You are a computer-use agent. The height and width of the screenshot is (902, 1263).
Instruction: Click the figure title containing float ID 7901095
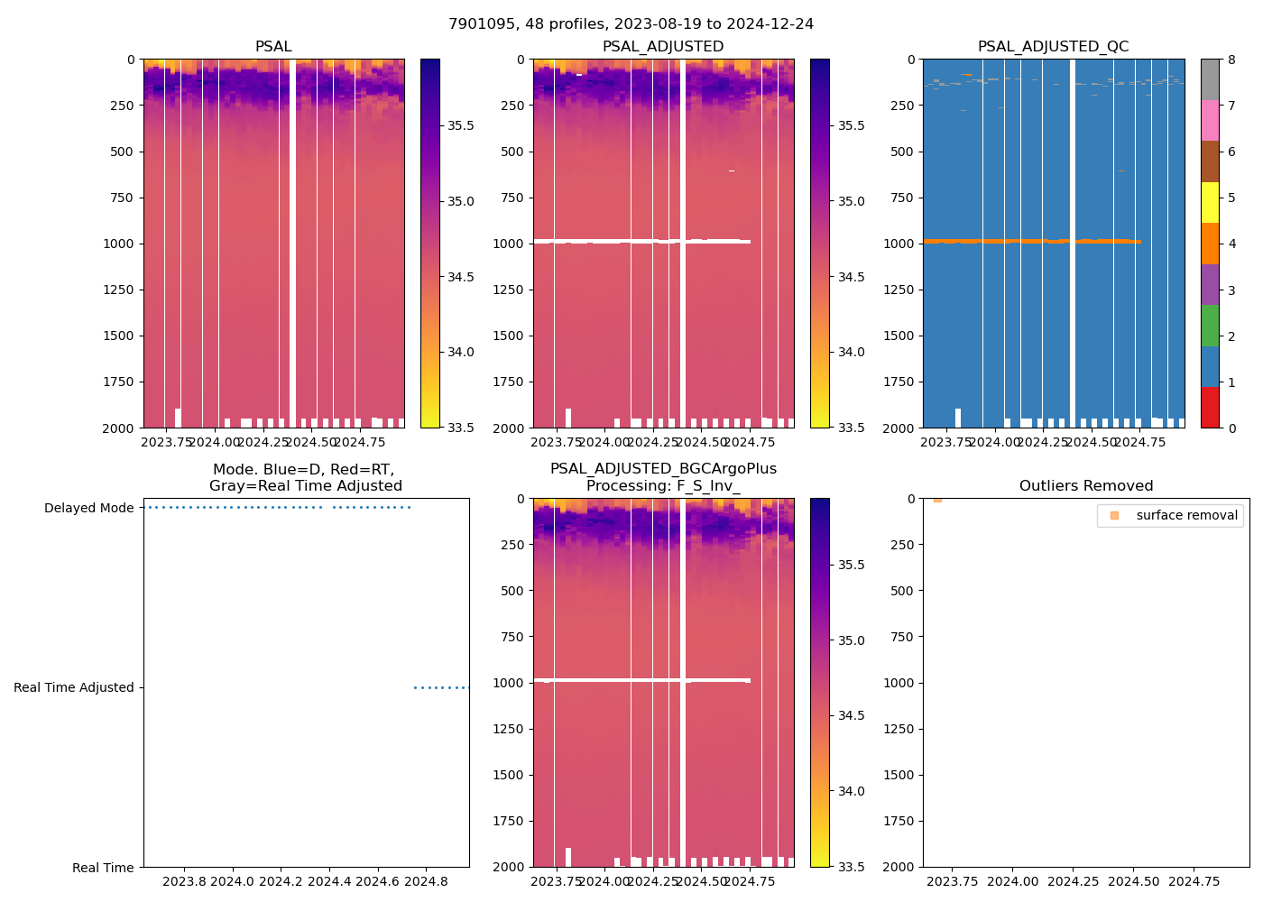click(631, 24)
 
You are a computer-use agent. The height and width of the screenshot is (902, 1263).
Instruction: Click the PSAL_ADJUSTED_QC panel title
click(1053, 47)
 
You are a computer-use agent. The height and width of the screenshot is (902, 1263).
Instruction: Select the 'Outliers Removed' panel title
click(1085, 486)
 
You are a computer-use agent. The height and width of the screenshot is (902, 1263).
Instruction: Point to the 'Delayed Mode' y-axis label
click(88, 509)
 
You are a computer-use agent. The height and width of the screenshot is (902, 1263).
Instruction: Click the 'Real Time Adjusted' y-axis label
click(73, 688)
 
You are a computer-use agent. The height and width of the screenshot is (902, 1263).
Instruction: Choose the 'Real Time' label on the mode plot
click(103, 868)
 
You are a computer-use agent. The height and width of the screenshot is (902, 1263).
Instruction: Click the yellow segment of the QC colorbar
click(1210, 202)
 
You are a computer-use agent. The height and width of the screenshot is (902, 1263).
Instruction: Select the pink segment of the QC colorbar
click(1210, 120)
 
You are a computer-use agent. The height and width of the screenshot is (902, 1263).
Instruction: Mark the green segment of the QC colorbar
click(1210, 325)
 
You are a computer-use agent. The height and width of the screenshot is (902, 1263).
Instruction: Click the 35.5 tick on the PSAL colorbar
click(460, 125)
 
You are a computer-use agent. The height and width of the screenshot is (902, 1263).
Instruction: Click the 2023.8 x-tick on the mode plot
click(184, 881)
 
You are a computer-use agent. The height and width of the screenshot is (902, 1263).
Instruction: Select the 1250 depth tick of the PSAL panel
click(119, 290)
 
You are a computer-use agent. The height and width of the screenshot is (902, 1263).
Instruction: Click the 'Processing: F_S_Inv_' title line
click(663, 486)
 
